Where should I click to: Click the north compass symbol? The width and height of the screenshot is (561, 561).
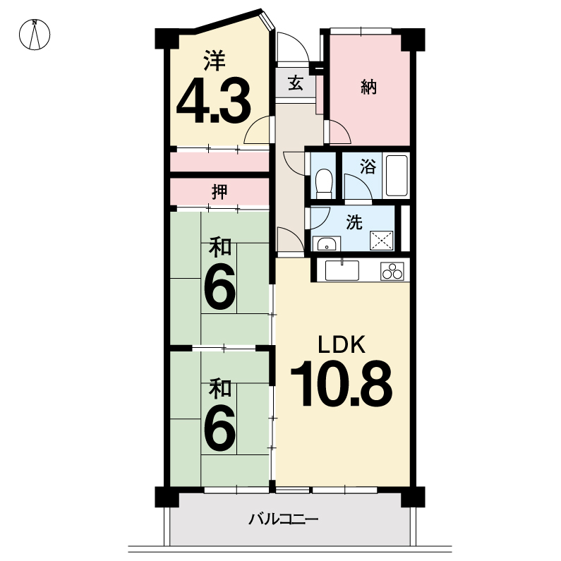pos(35,35)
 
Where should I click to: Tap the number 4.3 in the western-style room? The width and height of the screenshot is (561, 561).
pos(214,101)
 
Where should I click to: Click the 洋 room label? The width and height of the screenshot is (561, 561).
pos(215,61)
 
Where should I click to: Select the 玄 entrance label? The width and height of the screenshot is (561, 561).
pos(296,84)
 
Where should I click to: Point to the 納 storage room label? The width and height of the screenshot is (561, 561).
pos(369,87)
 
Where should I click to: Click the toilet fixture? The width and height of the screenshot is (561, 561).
pos(324,183)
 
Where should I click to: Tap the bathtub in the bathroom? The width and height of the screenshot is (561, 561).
pos(397,175)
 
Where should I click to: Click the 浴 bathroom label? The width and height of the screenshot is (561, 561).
pos(368,167)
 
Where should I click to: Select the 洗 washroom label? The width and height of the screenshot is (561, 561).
pos(354,222)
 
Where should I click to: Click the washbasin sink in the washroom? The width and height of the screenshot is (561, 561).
pos(326,244)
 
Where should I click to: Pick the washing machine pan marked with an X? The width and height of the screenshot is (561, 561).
pos(381,241)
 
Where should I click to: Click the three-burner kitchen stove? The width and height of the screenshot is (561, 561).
pos(392,271)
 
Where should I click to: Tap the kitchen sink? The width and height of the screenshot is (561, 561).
pos(342,270)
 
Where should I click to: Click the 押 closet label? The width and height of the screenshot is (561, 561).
pos(219,192)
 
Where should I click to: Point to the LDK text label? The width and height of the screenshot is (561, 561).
pos(342,344)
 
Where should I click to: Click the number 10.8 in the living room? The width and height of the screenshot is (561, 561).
pos(342,383)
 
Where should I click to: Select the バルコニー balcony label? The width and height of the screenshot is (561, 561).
pos(284,519)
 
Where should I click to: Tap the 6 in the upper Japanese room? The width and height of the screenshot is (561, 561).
pos(219,286)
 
